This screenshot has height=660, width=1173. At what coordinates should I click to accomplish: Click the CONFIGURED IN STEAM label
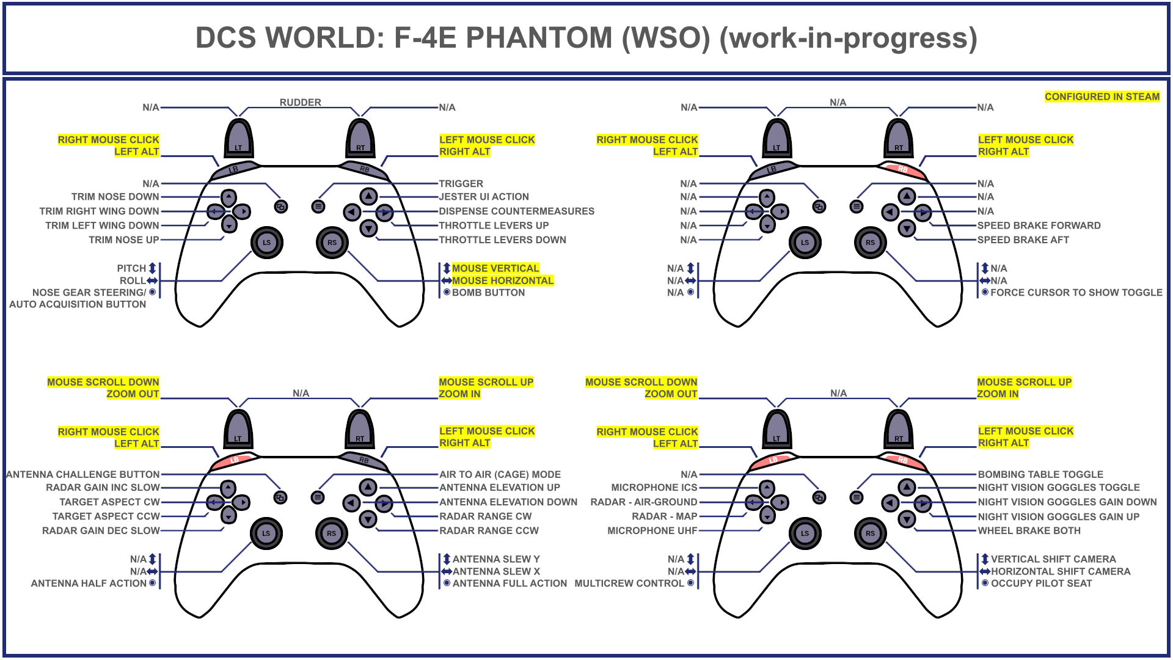tap(1102, 97)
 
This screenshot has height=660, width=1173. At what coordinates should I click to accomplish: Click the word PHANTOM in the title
tap(538, 38)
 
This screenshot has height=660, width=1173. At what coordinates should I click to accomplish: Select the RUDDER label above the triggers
tap(300, 102)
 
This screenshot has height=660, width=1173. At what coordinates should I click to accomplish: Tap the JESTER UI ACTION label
tap(484, 197)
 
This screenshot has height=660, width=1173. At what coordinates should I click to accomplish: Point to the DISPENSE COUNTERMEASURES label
tap(516, 211)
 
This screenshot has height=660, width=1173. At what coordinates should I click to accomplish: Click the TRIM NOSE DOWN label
tap(115, 197)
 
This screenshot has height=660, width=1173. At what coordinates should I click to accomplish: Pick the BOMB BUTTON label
tap(488, 293)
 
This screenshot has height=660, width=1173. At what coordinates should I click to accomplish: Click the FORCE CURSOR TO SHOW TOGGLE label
tap(1076, 293)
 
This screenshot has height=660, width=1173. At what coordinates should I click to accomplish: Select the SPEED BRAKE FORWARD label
tap(1039, 226)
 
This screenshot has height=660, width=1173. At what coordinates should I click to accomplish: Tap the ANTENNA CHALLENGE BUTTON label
tap(83, 474)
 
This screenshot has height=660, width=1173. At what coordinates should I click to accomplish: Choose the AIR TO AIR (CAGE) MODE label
tap(500, 474)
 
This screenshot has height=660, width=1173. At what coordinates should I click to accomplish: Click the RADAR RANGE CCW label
tap(489, 531)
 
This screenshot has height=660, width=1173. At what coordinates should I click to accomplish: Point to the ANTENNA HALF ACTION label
tap(89, 584)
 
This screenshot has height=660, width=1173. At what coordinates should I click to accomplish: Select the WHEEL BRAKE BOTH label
tap(1029, 531)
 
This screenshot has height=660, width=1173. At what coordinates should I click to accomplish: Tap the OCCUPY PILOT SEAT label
tap(1041, 584)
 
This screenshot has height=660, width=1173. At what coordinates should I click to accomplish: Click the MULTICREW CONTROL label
tap(629, 584)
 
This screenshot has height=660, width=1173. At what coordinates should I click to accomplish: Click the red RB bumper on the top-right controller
tap(902, 169)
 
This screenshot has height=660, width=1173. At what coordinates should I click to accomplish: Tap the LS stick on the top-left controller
tap(266, 243)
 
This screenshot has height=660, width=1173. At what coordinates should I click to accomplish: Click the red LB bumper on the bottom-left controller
tap(234, 460)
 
